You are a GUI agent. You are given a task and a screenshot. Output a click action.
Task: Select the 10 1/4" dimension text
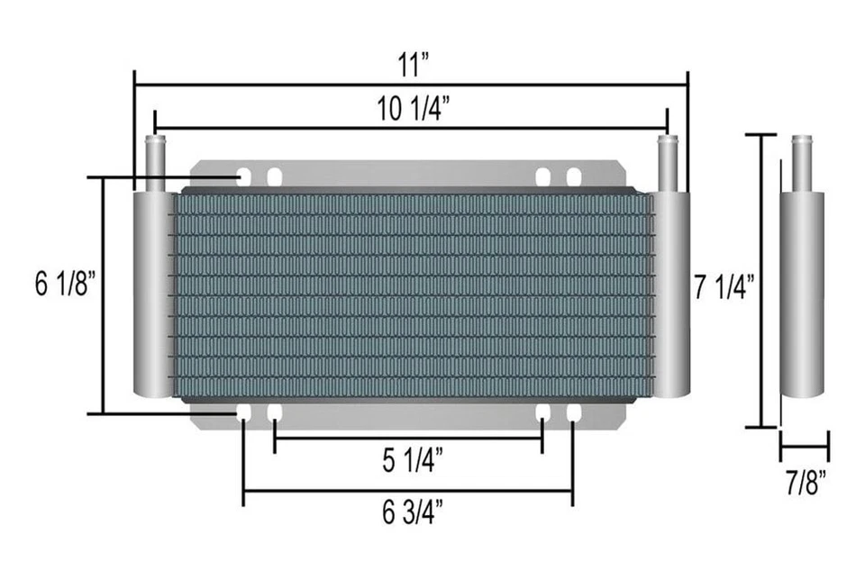[x=414, y=111]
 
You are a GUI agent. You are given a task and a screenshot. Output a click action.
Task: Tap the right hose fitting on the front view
[x=667, y=162]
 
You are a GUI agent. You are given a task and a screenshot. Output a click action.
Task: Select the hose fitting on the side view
[x=801, y=162]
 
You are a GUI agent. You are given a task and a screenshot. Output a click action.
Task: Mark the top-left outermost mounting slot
[x=244, y=176]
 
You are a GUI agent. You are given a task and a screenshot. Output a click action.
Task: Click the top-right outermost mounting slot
[x=573, y=176]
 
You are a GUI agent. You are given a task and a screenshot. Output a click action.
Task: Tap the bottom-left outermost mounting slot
[x=244, y=412]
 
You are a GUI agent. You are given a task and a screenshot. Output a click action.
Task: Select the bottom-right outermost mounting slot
[x=573, y=412]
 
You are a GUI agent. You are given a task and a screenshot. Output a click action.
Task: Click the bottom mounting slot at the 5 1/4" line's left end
[x=274, y=412]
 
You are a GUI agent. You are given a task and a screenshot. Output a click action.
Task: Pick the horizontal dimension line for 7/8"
[x=804, y=444]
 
